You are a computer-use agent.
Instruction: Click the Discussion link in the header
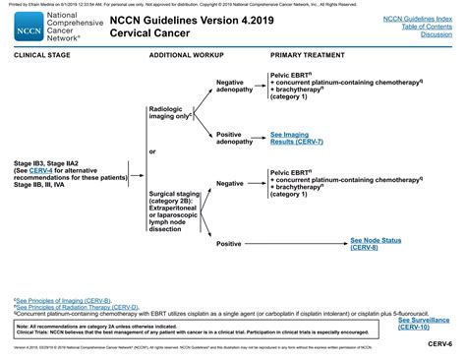point(437,34)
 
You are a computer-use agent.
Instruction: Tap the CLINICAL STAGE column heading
point(41,56)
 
